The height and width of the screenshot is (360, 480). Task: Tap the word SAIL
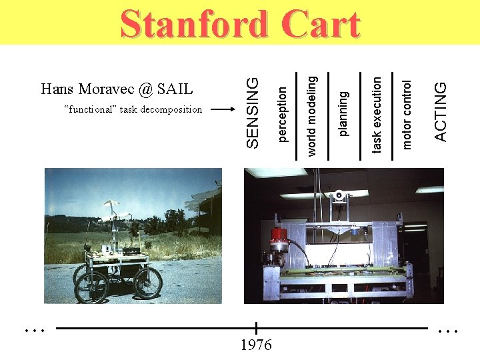point(177,89)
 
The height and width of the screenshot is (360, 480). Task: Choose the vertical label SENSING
point(252,111)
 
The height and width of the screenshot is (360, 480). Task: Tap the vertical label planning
point(343,113)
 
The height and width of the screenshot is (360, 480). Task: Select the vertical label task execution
point(377,115)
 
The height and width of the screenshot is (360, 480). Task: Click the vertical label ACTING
point(440,111)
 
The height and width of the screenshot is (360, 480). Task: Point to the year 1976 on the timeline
point(256,345)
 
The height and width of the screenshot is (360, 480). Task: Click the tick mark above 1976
point(256,328)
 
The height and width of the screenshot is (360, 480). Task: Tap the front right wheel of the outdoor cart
point(147,281)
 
